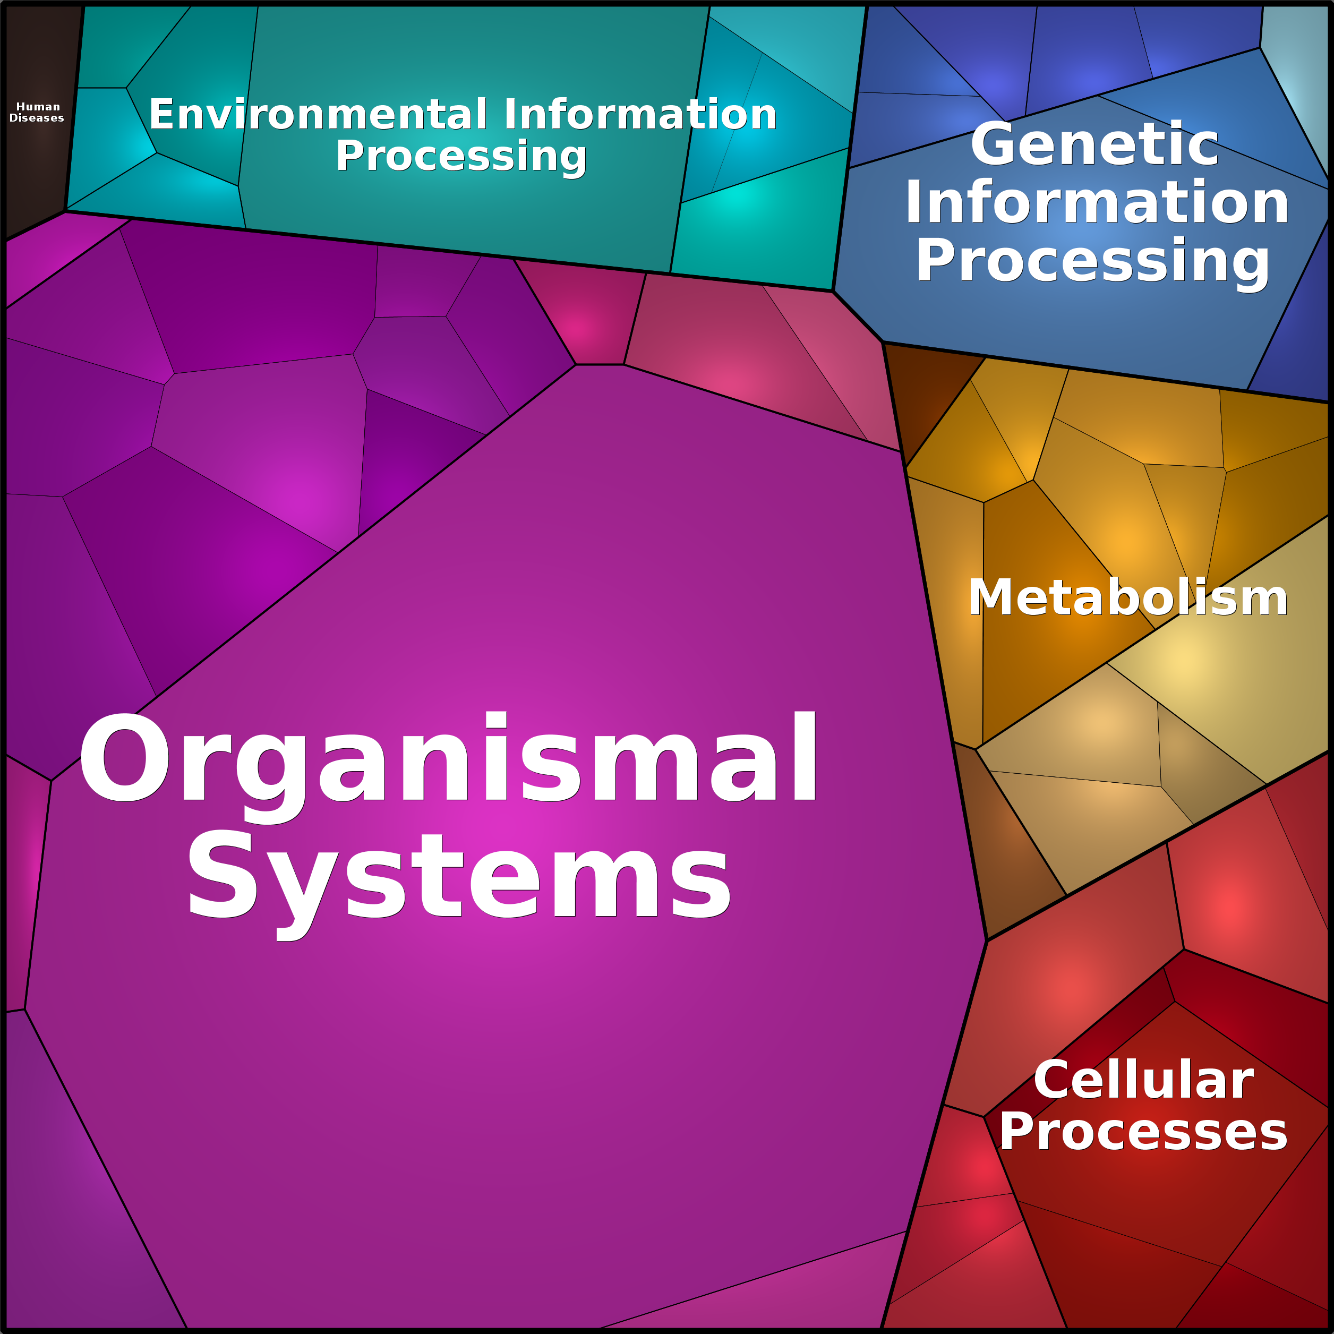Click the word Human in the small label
(38, 106)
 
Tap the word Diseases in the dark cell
(37, 118)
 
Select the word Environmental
(318, 114)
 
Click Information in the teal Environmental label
(640, 114)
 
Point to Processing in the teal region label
(461, 157)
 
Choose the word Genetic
(1094, 144)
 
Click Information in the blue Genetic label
(1097, 202)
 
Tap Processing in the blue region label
(1093, 262)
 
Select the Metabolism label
(1127, 597)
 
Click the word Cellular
(1143, 1080)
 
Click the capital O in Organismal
(124, 757)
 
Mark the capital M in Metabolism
(989, 597)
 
